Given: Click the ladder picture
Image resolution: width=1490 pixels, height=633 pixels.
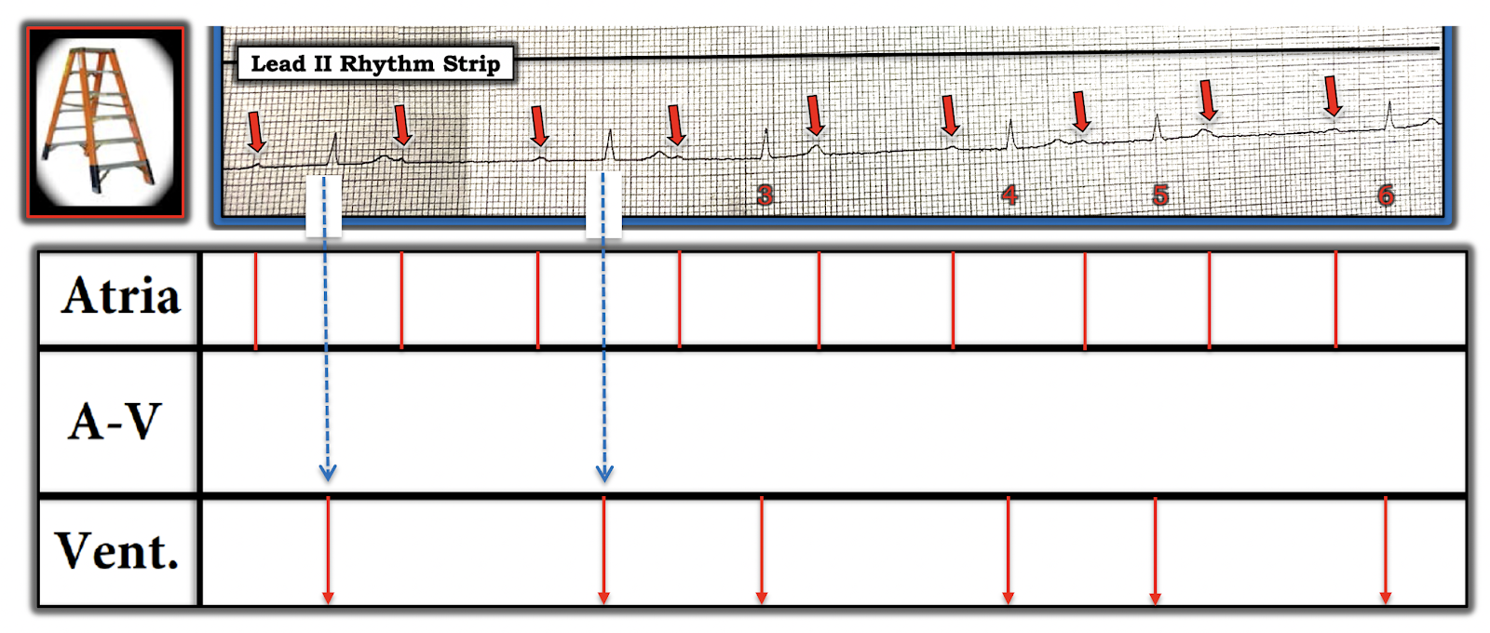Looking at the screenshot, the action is coord(104,122).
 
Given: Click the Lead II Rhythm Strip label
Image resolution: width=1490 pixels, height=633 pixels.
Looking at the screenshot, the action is coord(375,63).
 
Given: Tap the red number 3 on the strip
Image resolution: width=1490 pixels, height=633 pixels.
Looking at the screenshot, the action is coord(765,195).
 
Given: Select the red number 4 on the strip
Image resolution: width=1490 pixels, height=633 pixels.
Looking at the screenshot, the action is coord(1009,195).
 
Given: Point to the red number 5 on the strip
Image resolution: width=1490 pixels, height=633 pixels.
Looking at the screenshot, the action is coord(1160,195).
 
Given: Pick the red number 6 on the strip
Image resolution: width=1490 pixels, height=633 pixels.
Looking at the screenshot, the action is coord(1386,195).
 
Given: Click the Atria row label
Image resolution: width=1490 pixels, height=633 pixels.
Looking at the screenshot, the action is coord(120,297).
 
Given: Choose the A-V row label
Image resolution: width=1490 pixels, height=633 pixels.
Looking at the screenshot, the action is coord(115,422).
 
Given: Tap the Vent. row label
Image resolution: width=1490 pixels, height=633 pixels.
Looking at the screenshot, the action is coord(116,551).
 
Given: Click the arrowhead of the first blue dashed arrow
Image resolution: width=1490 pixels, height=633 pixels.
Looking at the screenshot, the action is coord(327,472).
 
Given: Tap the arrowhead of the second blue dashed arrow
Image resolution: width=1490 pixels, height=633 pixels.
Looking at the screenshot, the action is coord(604,472).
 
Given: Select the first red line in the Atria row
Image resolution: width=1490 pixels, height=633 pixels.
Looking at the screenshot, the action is coord(256,300).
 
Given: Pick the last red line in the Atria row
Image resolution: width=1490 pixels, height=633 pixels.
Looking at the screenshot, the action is coord(1336,300).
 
